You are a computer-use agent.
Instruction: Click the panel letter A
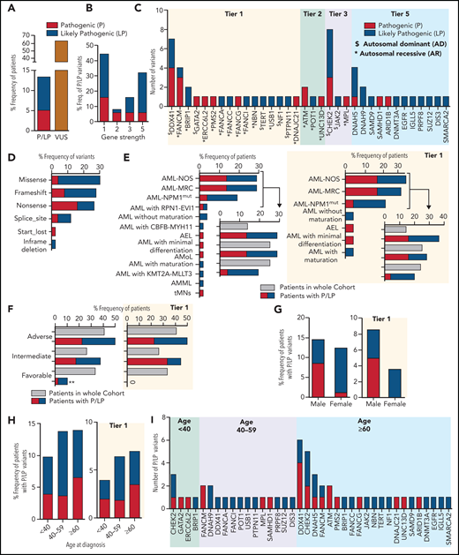coord(7,9)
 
